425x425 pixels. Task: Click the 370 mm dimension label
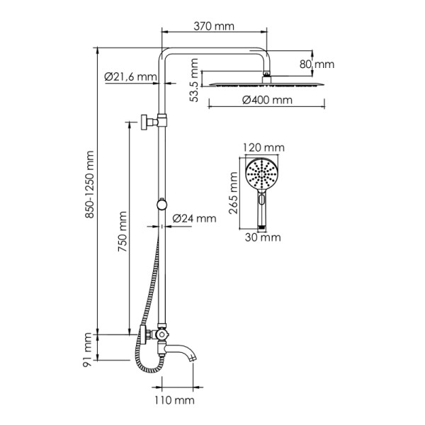click(215, 27)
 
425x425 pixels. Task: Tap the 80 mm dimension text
click(315, 64)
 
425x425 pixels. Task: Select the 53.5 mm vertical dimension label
click(194, 81)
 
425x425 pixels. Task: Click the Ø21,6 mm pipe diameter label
click(130, 76)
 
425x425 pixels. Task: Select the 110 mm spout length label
click(174, 401)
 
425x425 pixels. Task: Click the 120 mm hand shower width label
click(263, 147)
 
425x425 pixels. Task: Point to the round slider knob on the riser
click(163, 205)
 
